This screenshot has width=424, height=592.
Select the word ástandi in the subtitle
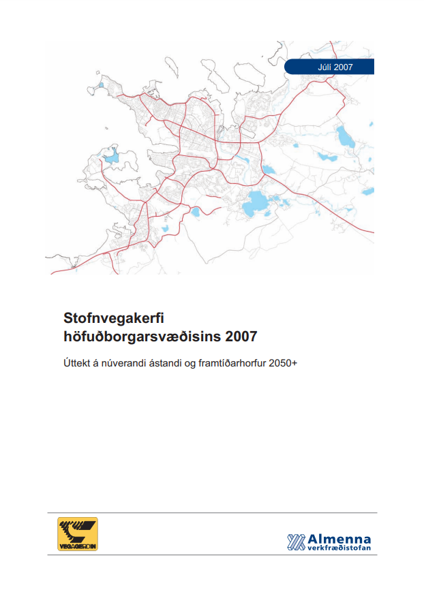160,363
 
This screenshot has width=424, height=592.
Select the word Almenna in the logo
339,538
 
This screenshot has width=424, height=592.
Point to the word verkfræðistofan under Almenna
339,547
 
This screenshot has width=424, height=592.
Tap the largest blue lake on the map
257,201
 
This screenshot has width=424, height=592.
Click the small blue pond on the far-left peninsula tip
100,86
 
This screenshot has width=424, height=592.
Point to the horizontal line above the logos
212,512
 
